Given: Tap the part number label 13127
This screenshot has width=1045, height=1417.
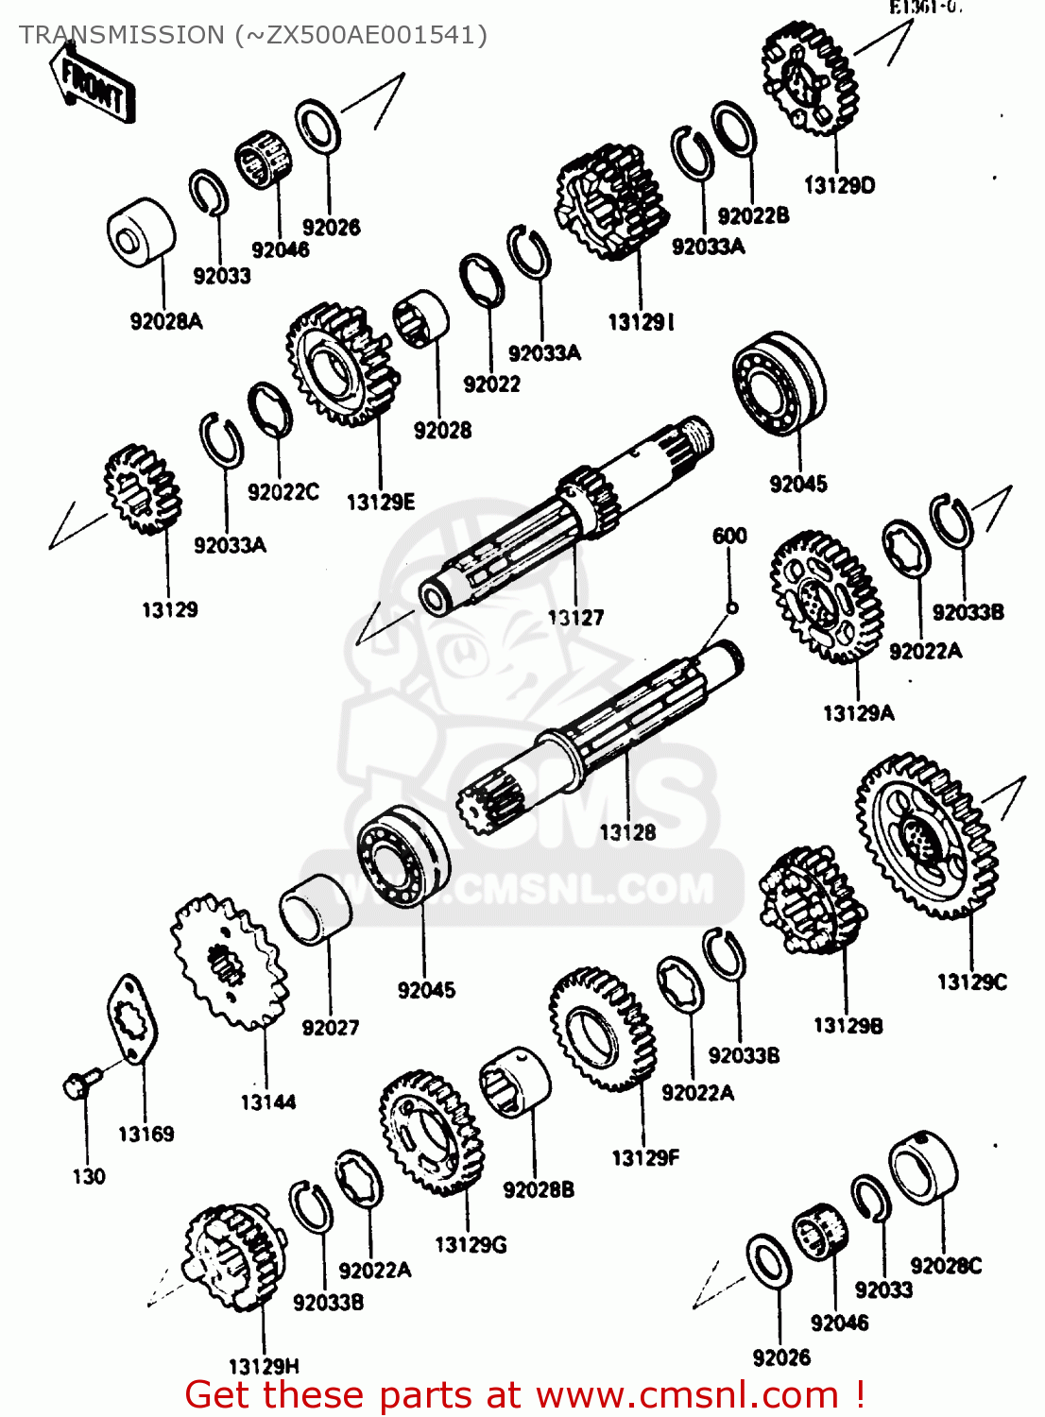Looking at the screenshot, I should [x=575, y=618].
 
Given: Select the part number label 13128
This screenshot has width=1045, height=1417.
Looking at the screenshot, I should [x=627, y=832].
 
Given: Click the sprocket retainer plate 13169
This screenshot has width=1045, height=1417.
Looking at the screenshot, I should [x=131, y=1020].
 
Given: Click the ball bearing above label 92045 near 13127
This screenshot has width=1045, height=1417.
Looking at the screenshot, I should [x=779, y=383].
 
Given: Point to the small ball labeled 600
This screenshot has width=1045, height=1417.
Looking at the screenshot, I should [x=731, y=607].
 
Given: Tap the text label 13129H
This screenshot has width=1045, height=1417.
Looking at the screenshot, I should [x=264, y=1366].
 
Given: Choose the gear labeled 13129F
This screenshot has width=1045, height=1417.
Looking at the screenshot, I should [x=602, y=1028].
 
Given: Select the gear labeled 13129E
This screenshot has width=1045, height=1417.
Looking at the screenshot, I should [x=342, y=364].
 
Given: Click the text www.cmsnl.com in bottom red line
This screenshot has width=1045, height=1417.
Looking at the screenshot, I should [x=688, y=1395].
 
